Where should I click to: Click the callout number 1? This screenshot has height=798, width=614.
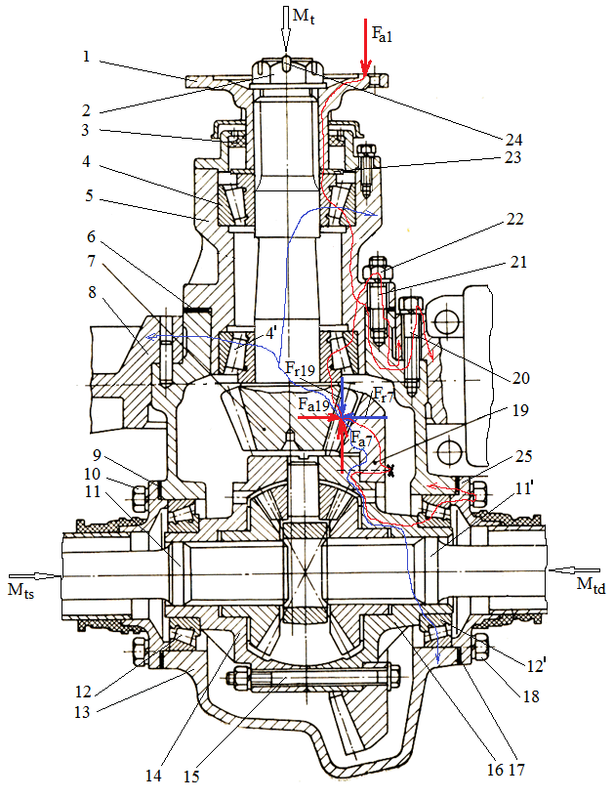coord(87,56)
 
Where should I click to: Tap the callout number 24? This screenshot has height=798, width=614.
coord(512,139)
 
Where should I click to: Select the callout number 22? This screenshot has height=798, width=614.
coord(514,219)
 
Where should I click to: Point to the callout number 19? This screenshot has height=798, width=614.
coord(519,410)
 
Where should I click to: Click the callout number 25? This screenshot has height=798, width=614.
coord(523,456)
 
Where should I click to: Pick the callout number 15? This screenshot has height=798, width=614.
coord(191,777)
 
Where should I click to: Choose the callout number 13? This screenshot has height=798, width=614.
coord(82,712)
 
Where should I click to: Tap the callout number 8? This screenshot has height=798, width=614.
coord(92,293)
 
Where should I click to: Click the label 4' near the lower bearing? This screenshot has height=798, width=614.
coord(270,333)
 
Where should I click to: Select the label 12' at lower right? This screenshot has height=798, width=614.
coord(534,664)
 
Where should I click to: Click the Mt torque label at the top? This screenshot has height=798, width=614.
coord(304,17)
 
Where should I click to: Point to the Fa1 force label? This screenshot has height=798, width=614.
coord(383,34)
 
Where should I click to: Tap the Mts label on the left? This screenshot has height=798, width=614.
coord(20,590)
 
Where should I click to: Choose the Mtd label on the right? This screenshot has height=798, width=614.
coord(592,584)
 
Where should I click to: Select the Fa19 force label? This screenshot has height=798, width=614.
coord(314,405)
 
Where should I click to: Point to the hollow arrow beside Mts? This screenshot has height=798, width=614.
coord(43,575)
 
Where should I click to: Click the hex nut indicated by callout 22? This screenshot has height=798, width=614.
coord(378,269)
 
